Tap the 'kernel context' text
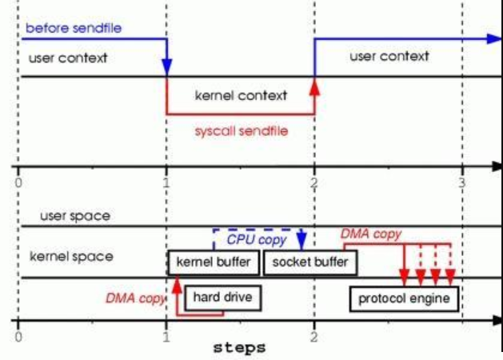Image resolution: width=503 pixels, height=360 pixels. (x=241, y=95)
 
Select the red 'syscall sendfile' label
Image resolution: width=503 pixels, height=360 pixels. (x=241, y=130)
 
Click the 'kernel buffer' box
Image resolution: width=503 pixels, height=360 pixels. (x=214, y=262)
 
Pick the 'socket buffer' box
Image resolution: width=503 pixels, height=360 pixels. (x=310, y=262)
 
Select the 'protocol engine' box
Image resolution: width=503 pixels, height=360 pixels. (x=404, y=299)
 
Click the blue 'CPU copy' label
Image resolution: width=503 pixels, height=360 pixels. (x=256, y=240)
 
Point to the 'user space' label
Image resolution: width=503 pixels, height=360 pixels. (x=76, y=216)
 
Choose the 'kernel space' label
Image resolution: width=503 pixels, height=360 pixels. (x=71, y=258)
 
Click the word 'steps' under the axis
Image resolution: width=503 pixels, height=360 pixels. (x=239, y=349)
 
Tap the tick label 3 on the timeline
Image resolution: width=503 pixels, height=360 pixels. (x=461, y=182)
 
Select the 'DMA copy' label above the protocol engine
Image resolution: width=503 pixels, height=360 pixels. (x=371, y=234)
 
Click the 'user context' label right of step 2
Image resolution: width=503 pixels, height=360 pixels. (x=389, y=57)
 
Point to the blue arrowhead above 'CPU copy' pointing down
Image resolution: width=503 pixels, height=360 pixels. (x=301, y=241)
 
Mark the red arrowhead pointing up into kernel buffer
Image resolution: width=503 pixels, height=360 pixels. (x=176, y=282)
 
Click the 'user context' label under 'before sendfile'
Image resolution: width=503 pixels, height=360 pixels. (x=67, y=58)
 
